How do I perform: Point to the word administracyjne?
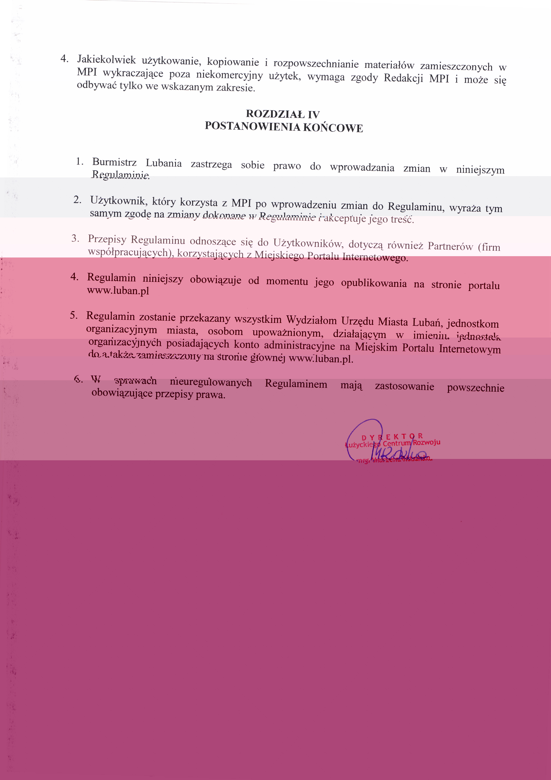point(299,346)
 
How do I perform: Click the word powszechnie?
point(475,388)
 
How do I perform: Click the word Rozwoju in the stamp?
point(427,442)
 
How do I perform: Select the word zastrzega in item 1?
point(211,164)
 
